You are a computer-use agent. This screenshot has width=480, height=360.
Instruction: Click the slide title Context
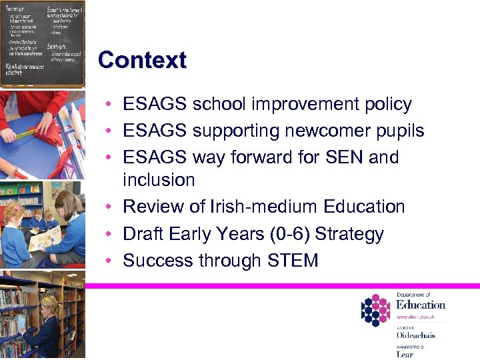142,60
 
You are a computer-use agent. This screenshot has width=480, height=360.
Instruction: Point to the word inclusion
159,180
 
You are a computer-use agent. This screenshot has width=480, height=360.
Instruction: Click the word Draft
147,234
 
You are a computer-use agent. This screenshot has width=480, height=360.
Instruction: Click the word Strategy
349,234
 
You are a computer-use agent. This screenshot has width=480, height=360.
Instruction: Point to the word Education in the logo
420,305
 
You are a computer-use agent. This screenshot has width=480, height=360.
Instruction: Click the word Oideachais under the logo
415,335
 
